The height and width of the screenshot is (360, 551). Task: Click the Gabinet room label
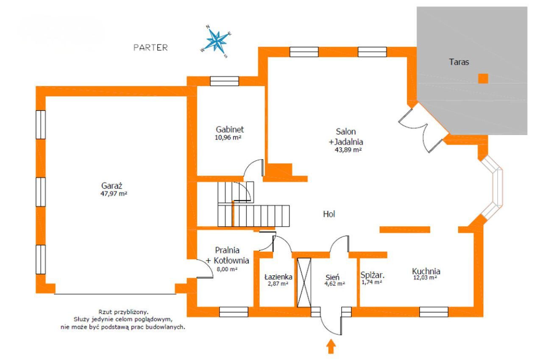(x=230, y=129)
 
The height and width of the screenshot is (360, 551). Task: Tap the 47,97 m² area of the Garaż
(x=114, y=194)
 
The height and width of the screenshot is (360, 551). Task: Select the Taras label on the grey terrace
(x=459, y=62)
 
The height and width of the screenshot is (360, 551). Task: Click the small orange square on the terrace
(x=483, y=79)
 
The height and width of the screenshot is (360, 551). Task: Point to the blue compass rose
(x=216, y=42)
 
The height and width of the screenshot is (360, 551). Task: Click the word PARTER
(x=150, y=47)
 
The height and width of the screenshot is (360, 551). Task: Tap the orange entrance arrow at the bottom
(x=331, y=346)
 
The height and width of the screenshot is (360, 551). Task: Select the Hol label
(x=329, y=214)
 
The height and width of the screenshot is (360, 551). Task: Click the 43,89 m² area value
(x=348, y=150)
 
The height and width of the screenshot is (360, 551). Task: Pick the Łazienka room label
(x=278, y=277)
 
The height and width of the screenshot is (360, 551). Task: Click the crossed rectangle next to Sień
(x=304, y=282)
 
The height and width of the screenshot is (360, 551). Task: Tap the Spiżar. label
(x=373, y=275)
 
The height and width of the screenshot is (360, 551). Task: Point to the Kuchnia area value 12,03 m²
(x=425, y=278)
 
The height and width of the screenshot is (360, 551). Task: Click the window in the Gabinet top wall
(x=224, y=81)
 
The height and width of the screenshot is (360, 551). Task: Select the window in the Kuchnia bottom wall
(x=434, y=312)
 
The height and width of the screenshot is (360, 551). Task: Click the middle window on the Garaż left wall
(x=41, y=192)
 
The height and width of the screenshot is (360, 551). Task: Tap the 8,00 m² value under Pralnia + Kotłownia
(x=227, y=269)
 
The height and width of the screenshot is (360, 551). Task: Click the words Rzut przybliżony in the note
(x=123, y=312)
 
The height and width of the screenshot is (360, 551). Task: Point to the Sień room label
(x=332, y=277)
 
